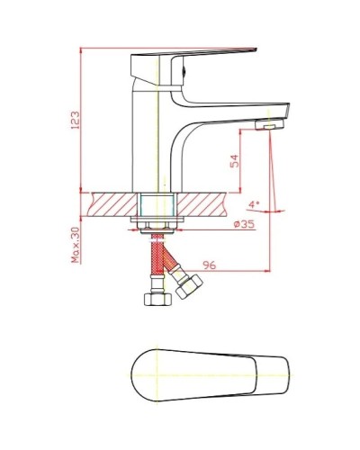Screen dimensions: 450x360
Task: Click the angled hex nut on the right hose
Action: [189, 287]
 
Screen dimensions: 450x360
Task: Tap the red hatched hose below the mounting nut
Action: [160, 256]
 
